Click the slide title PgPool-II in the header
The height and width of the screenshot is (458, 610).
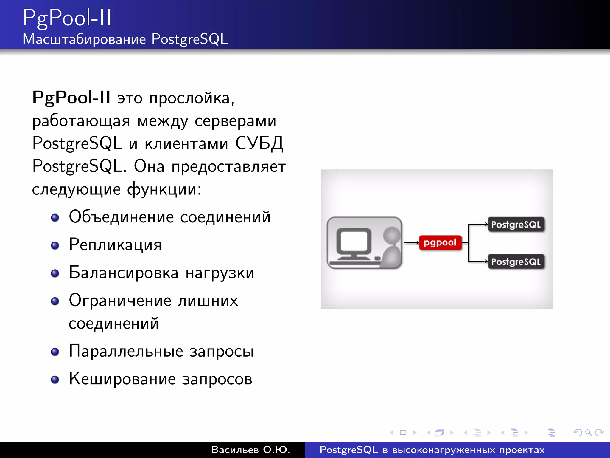click(x=67, y=18)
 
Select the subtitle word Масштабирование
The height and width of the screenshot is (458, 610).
click(x=84, y=39)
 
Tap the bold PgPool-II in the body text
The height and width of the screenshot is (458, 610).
click(x=71, y=98)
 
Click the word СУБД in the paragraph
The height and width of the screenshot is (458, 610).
click(x=259, y=143)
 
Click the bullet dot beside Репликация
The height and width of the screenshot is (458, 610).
click(x=55, y=245)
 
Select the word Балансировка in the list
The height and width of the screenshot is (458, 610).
click(x=124, y=273)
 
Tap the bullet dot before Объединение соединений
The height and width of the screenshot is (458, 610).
click(x=55, y=218)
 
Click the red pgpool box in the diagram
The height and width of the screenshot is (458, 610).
click(x=440, y=243)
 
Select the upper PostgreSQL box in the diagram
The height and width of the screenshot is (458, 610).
click(x=516, y=225)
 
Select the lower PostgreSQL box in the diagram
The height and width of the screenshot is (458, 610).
click(x=516, y=262)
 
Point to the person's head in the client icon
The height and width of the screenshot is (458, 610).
click(x=391, y=234)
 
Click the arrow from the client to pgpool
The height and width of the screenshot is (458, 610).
click(x=411, y=243)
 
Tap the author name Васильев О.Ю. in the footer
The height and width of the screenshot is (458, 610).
click(x=250, y=450)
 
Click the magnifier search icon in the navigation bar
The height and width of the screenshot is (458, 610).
click(x=588, y=432)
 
